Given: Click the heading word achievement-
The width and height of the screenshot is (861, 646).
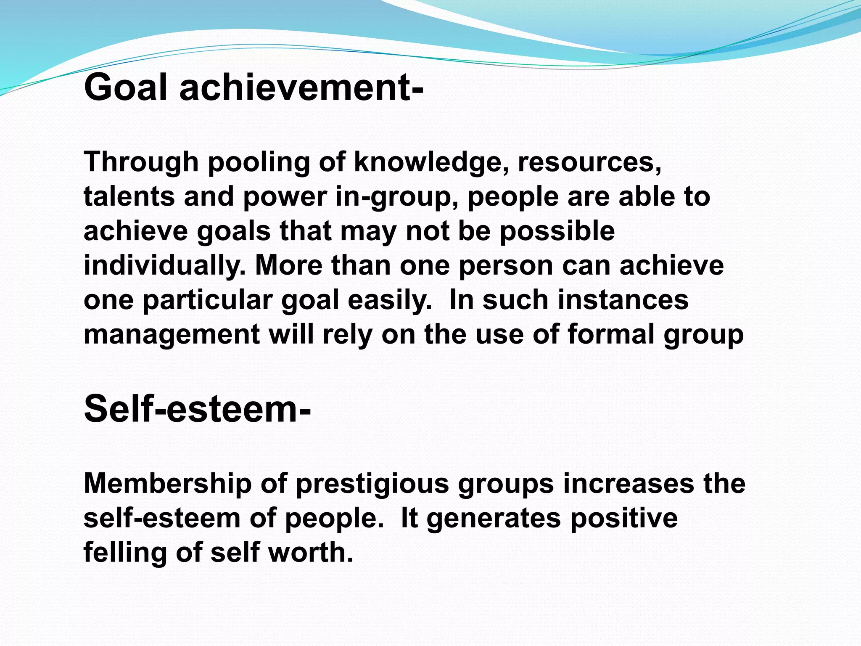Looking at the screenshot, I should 301,87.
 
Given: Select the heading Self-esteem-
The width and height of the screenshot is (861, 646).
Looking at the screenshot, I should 198,409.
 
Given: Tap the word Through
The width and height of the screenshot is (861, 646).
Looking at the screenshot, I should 141,162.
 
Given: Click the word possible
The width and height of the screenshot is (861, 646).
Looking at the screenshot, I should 557,231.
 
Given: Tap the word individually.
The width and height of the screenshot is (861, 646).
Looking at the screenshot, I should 165,266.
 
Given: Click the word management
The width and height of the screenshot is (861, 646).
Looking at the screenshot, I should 172,335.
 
